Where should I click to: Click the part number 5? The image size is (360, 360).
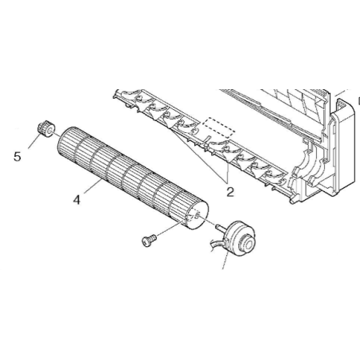(x=18, y=157)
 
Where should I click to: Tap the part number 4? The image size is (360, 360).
(x=76, y=200)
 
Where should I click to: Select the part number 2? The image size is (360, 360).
(x=230, y=192)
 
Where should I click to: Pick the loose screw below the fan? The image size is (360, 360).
(x=149, y=241)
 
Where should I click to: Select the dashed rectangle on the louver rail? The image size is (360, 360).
(x=219, y=127)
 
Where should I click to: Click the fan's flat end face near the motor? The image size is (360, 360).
(x=198, y=215)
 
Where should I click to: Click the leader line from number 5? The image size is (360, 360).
(x=35, y=141)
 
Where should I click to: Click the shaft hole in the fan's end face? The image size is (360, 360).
(x=196, y=215)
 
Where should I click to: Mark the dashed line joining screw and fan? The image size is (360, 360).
(x=170, y=228)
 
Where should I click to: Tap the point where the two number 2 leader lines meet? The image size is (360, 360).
(x=227, y=183)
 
